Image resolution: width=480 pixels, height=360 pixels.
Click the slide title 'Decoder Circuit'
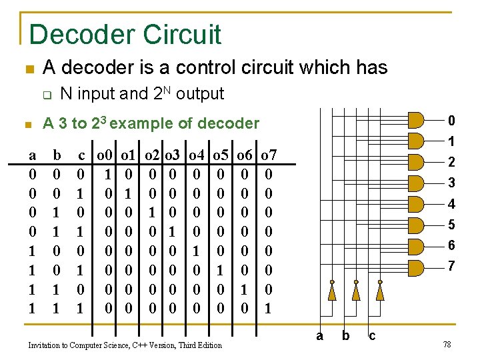[x=125, y=34]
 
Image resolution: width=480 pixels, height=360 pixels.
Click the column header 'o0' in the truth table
[x=104, y=156]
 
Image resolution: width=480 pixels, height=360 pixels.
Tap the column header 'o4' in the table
[x=197, y=156]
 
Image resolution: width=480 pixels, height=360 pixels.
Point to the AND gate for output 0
[x=415, y=121]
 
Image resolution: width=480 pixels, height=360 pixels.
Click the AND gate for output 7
[x=415, y=267]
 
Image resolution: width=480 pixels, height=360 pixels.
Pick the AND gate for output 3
[x=415, y=183]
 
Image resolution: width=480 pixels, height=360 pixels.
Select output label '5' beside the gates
[x=451, y=225]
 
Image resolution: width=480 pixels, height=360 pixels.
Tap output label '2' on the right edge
[x=451, y=162]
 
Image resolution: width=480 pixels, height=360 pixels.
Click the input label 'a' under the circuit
[x=319, y=336]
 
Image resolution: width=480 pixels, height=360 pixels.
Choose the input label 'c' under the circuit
[x=372, y=336]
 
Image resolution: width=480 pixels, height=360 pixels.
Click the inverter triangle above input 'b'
[x=356, y=291]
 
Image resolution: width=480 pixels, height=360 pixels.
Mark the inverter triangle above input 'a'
[x=331, y=291]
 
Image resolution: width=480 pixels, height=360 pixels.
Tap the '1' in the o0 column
[x=108, y=175]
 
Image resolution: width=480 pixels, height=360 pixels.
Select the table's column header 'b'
[x=57, y=156]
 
